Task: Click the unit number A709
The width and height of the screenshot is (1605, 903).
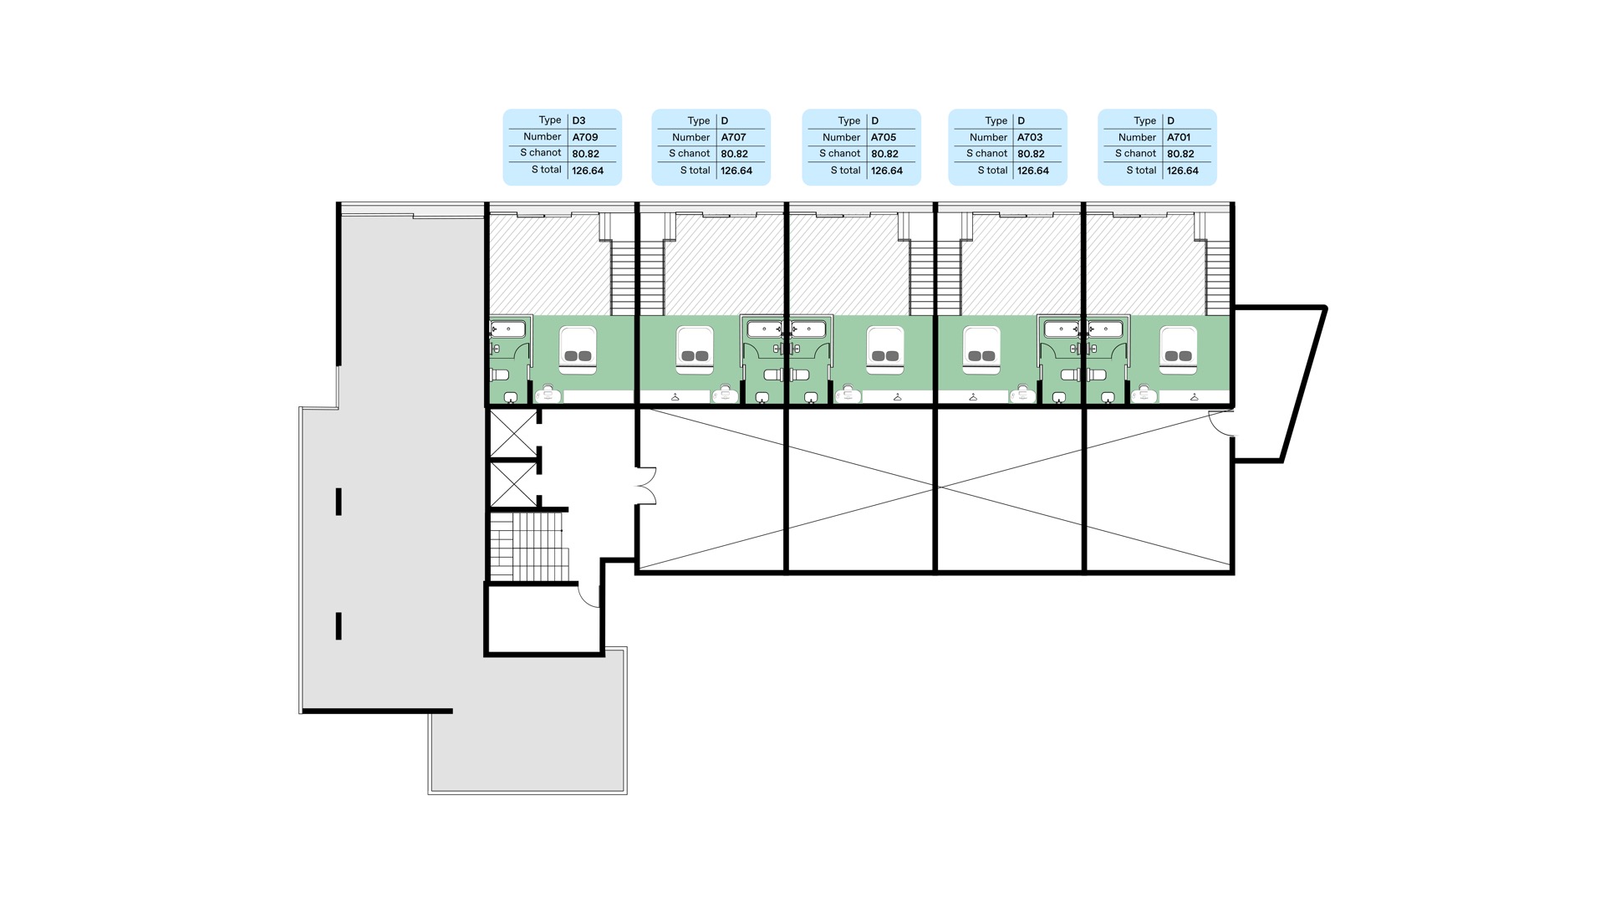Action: click(x=585, y=137)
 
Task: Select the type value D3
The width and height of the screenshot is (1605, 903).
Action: click(x=578, y=120)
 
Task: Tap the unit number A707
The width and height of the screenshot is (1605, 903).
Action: click(x=733, y=137)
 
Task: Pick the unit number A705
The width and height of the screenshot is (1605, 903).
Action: click(x=884, y=137)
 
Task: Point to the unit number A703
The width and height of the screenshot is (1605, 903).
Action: click(x=1030, y=137)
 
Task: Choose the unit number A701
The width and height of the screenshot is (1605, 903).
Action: click(x=1179, y=137)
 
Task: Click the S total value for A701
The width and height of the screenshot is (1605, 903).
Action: click(x=1183, y=171)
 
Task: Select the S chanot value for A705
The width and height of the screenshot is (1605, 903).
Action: click(x=884, y=154)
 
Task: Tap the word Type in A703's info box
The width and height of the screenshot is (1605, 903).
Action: click(x=996, y=121)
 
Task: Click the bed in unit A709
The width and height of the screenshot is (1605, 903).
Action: click(x=578, y=349)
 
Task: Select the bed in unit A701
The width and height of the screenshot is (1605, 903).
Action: click(x=1179, y=349)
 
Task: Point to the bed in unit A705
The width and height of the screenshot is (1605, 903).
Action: click(x=885, y=349)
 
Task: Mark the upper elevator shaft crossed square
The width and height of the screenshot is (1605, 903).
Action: click(x=513, y=433)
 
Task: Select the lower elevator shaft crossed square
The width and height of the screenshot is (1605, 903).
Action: click(x=513, y=484)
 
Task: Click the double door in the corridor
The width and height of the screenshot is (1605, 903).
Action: click(x=647, y=486)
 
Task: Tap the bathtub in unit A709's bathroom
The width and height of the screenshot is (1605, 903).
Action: click(x=507, y=329)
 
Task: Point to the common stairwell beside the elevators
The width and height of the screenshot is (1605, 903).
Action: click(x=529, y=546)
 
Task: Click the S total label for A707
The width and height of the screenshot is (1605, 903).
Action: click(x=695, y=171)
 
